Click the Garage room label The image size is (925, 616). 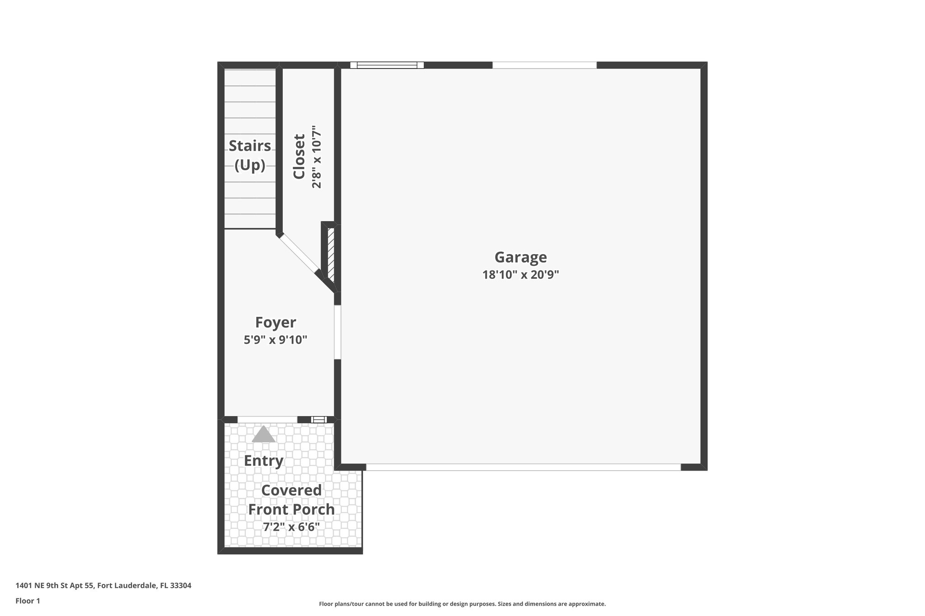click(520, 257)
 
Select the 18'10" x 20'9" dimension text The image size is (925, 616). click(520, 275)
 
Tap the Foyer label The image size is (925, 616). click(276, 322)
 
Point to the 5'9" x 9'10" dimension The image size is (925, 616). click(276, 340)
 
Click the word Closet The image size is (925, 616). click(299, 157)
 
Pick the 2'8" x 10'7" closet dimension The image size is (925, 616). click(317, 157)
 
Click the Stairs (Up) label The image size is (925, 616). click(250, 155)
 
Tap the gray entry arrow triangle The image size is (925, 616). click(263, 435)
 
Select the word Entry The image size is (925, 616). click(263, 461)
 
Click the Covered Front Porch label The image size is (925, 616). click(291, 500)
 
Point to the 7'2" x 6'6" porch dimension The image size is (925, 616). click(291, 527)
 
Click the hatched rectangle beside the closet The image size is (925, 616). click(331, 253)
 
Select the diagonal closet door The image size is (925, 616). click(298, 254)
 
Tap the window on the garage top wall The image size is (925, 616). click(387, 65)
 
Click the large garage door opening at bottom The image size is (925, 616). click(523, 467)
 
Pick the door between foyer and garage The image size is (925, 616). click(337, 332)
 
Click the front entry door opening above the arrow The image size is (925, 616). click(267, 420)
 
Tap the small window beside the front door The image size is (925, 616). click(319, 420)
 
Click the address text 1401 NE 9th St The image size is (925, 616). click(103, 586)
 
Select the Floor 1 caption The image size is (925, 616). click(28, 601)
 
